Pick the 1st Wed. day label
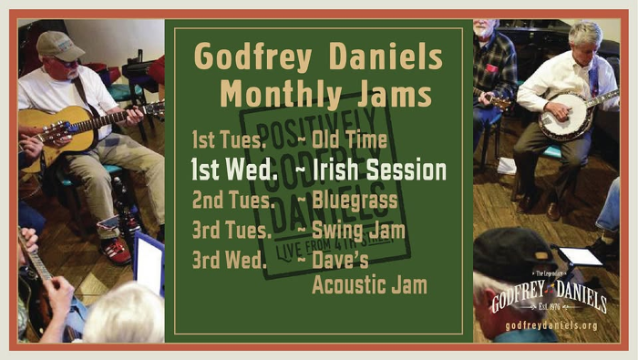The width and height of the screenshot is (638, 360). click(x=234, y=170)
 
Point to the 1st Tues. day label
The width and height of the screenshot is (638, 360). click(x=230, y=140)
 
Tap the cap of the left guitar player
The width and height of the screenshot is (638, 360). click(x=57, y=45)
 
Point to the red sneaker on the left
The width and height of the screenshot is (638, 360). click(x=116, y=250)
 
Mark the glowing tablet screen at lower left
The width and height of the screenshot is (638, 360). click(x=149, y=263)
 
